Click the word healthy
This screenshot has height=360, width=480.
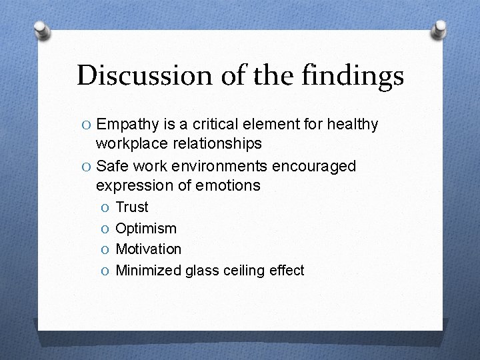click(x=353, y=125)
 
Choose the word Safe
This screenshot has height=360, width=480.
click(x=113, y=165)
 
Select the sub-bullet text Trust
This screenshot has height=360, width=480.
click(x=132, y=207)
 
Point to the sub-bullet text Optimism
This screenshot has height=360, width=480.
click(x=146, y=229)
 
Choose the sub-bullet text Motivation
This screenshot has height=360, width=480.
click(x=148, y=249)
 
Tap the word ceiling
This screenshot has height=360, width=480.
click(x=245, y=270)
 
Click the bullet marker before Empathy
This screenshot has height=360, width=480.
click(x=84, y=125)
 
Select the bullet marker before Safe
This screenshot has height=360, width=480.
click(x=84, y=166)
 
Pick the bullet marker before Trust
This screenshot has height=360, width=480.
click(x=104, y=208)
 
